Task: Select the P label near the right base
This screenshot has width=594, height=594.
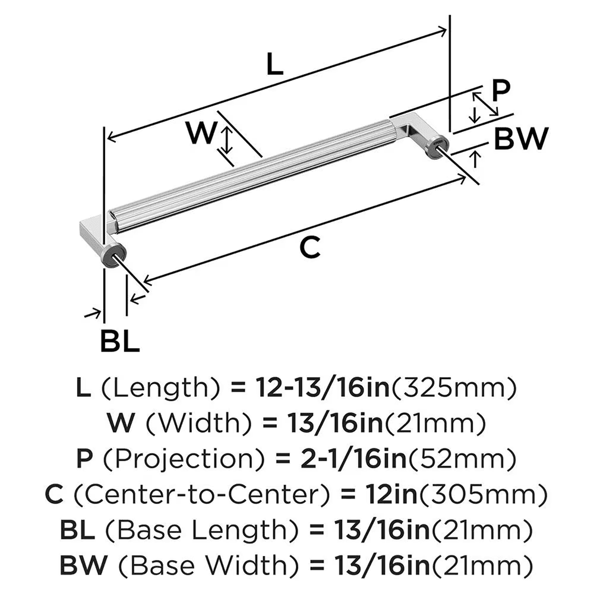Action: click(x=501, y=90)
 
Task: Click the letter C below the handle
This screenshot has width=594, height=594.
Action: click(x=309, y=247)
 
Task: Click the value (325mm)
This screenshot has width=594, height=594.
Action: click(x=453, y=388)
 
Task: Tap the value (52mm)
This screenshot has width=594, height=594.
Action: click(x=451, y=458)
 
